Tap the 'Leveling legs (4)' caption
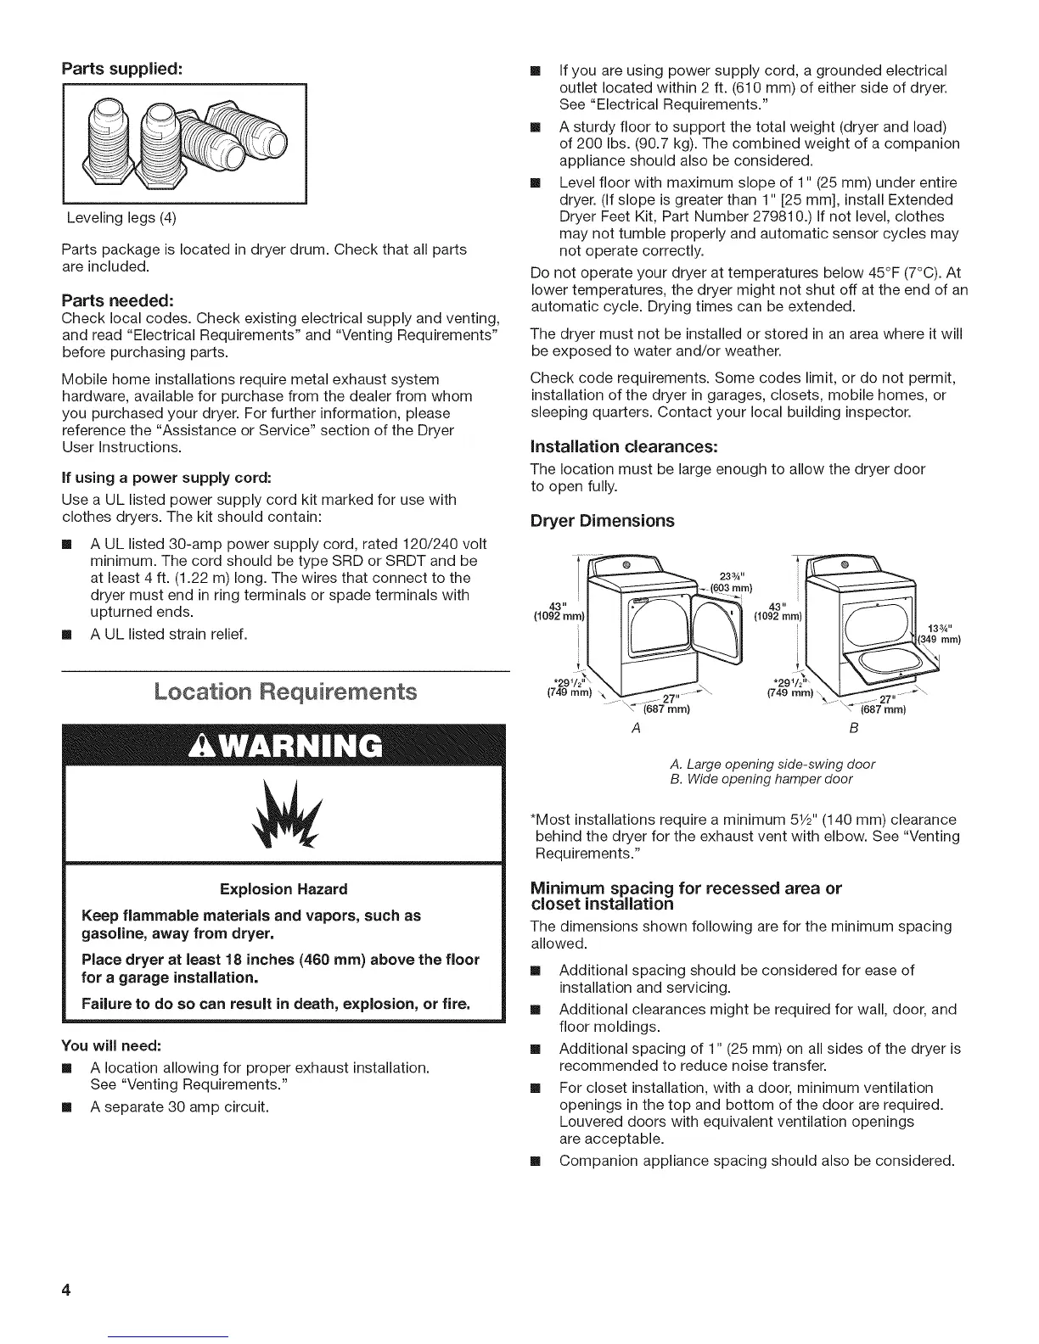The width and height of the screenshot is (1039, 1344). [x=122, y=218]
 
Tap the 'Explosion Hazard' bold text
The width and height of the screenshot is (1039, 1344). [x=284, y=889]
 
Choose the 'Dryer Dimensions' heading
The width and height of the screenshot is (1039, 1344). [x=602, y=520]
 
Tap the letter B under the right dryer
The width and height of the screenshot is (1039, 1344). [x=853, y=729]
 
